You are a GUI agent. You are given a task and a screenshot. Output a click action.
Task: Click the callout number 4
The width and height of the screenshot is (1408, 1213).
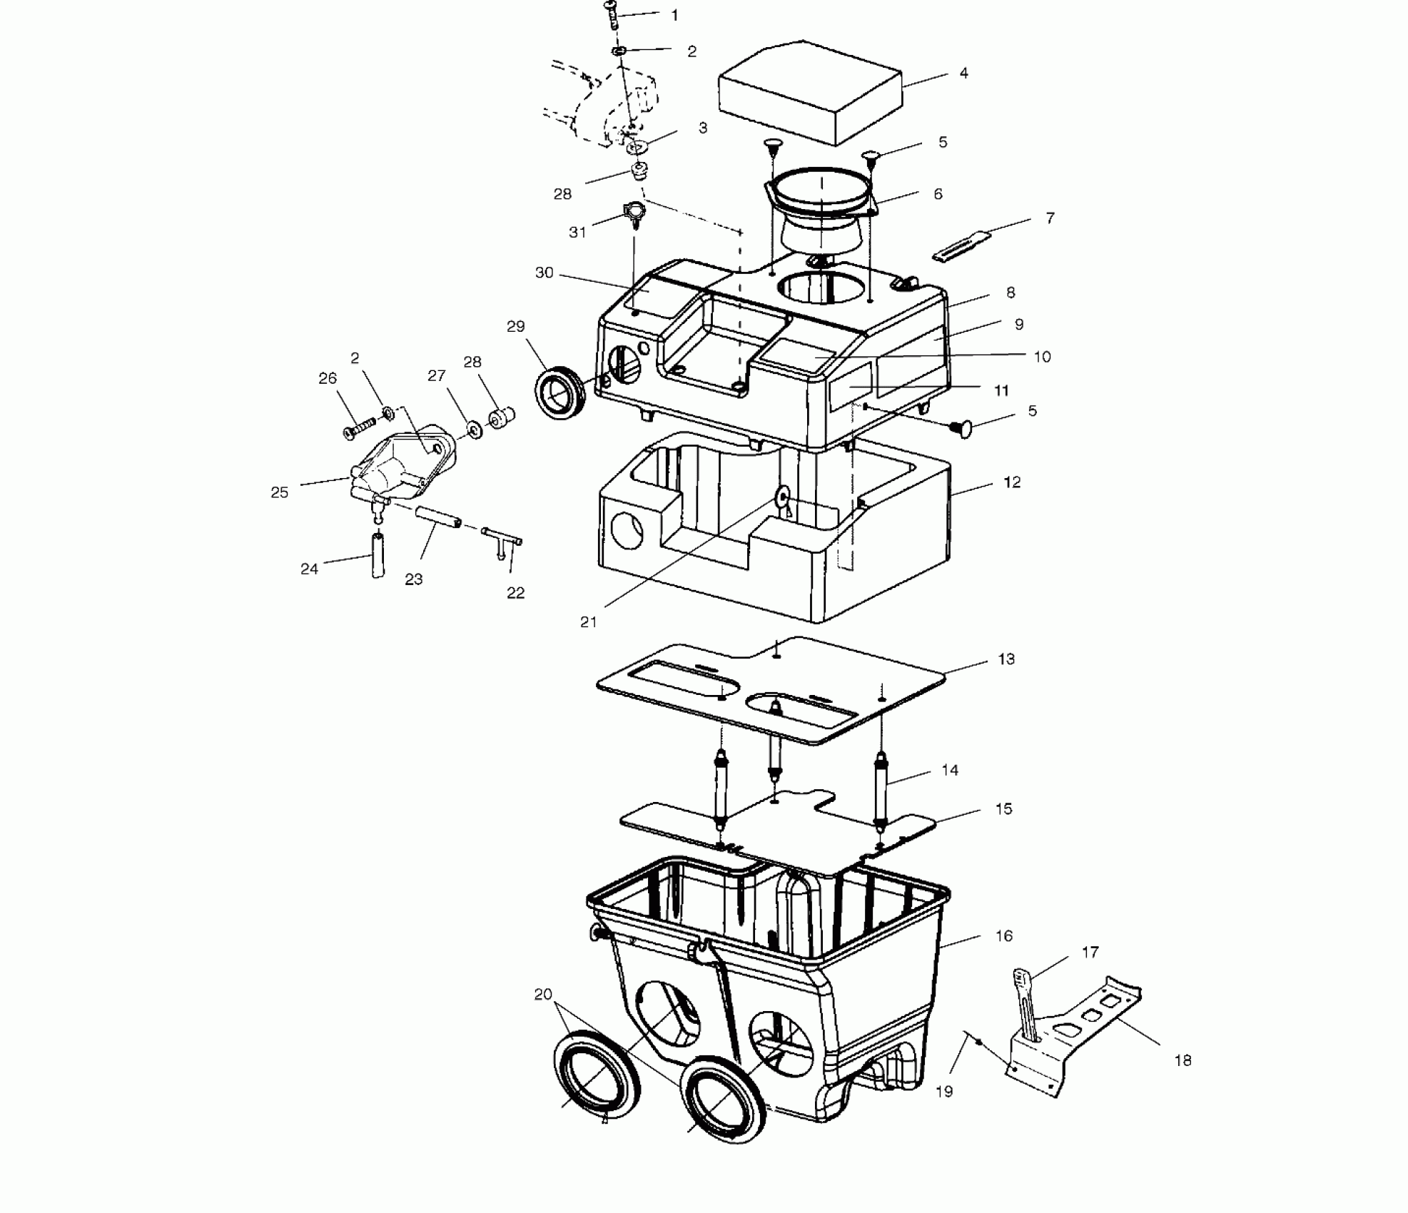pyautogui.click(x=963, y=73)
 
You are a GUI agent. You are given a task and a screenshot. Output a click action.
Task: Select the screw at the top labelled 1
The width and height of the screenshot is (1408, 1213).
pyautogui.click(x=611, y=14)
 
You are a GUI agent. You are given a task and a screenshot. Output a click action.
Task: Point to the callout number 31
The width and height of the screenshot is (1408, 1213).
pyautogui.click(x=577, y=232)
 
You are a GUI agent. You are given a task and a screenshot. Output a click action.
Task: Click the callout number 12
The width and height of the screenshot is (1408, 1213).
pyautogui.click(x=1011, y=482)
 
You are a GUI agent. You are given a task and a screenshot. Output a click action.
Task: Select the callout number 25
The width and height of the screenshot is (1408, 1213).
pyautogui.click(x=280, y=492)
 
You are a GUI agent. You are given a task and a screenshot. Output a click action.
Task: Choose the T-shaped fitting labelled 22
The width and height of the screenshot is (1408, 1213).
pyautogui.click(x=503, y=539)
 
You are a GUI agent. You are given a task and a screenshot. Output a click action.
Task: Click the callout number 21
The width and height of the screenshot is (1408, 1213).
pyautogui.click(x=588, y=622)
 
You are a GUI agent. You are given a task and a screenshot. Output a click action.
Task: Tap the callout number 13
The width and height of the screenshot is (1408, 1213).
pyautogui.click(x=1006, y=659)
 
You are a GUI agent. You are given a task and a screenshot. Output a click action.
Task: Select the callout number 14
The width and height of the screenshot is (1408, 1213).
pyautogui.click(x=950, y=770)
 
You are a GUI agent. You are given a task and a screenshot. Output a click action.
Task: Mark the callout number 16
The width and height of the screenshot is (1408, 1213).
pyautogui.click(x=1003, y=935)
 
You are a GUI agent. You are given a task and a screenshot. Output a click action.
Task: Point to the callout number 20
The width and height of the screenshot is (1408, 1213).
pyautogui.click(x=543, y=994)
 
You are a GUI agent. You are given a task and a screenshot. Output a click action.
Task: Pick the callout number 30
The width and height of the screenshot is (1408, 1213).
pyautogui.click(x=544, y=273)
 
